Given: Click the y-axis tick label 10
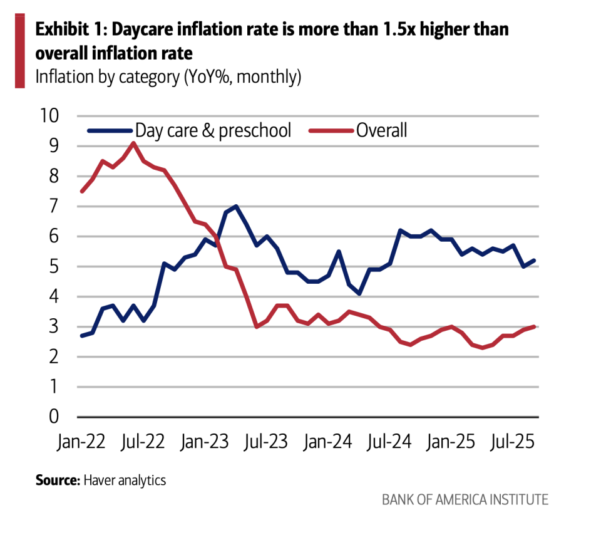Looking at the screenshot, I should click(49, 116).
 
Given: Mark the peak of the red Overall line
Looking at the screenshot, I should click(133, 143).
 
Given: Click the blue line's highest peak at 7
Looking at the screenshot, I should click(235, 206).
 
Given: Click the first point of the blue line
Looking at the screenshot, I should click(82, 336).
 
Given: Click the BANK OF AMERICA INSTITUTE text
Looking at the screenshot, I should click(465, 499).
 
